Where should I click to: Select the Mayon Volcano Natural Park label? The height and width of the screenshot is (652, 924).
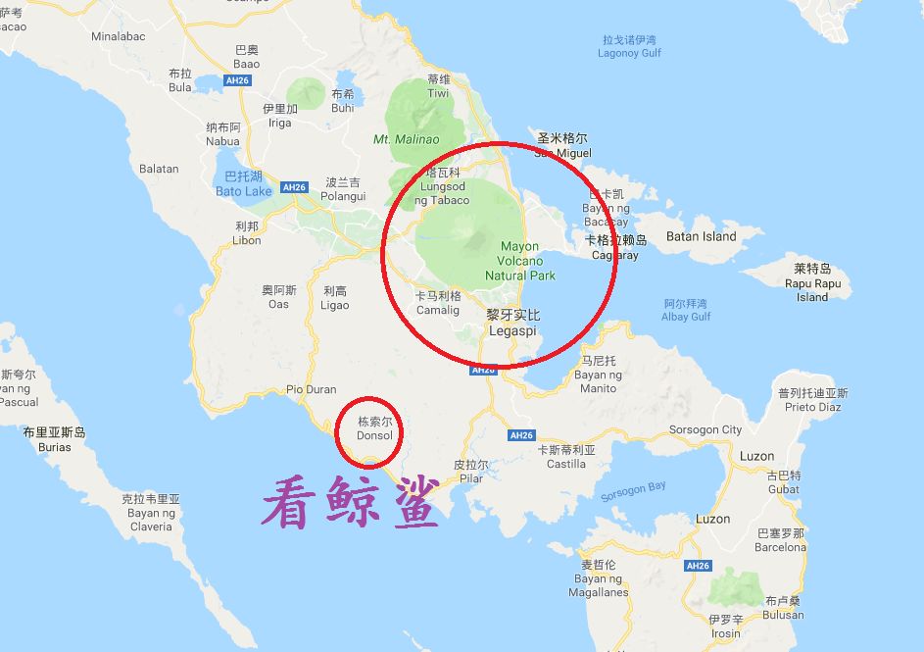[x=519, y=261]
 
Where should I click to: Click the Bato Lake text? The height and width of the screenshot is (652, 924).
[x=243, y=184]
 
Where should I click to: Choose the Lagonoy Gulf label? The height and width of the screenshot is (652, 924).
[x=629, y=47]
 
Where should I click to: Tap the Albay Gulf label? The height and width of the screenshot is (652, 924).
[x=686, y=310]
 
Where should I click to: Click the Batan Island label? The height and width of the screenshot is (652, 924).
[x=701, y=236]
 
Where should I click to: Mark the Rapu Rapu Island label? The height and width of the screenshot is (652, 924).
[x=812, y=283]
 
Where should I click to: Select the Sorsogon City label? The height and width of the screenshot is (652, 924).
[x=705, y=429]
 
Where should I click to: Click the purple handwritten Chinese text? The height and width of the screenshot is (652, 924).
[x=350, y=502]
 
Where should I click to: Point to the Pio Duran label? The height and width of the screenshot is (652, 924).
[x=312, y=389]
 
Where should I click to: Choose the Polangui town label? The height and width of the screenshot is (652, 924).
[x=343, y=189]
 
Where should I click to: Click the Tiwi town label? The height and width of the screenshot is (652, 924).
[x=438, y=87]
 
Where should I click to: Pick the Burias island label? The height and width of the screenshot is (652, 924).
[x=55, y=440]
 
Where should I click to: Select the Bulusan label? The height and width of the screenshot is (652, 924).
[x=784, y=608]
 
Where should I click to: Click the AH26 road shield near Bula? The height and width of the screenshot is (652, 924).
[x=235, y=79]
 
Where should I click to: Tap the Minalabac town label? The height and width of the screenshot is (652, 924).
[x=118, y=36]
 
